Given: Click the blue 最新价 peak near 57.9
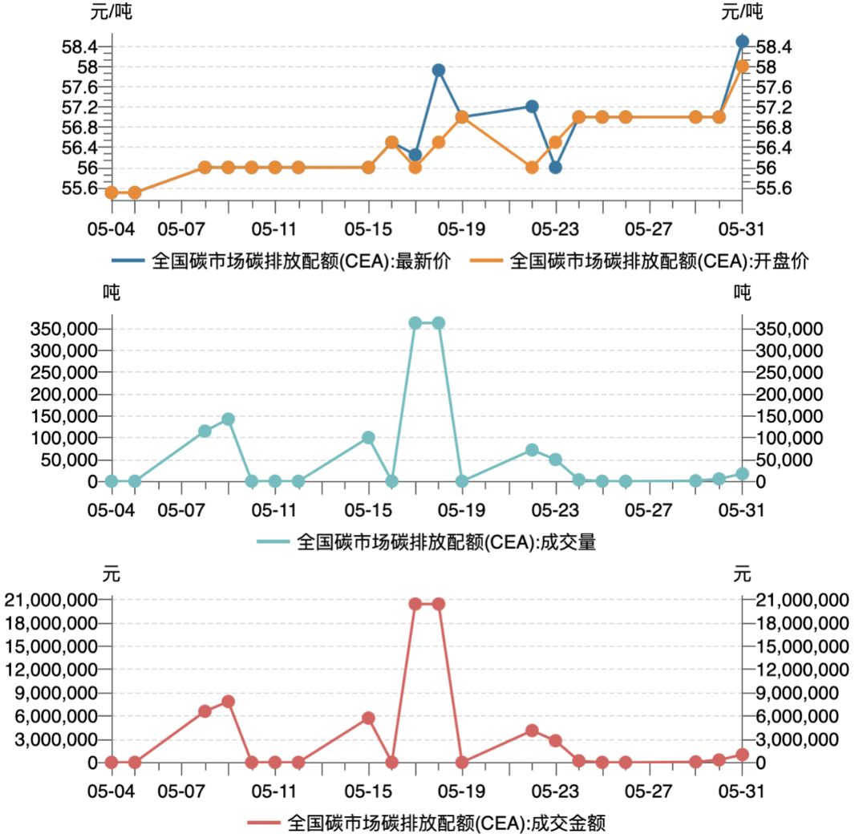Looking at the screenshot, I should click(439, 71).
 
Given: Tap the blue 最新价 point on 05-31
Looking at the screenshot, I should click(743, 42).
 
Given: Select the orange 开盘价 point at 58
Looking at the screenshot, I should click(743, 67).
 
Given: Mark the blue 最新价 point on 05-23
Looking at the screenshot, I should click(555, 168).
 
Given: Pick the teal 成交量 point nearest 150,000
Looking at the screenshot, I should click(228, 419).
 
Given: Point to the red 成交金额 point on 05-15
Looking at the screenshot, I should click(368, 719).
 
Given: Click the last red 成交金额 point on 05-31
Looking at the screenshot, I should click(743, 755).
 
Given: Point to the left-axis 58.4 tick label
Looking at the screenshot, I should click(79, 47).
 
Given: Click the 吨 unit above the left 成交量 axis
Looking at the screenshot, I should click(111, 294).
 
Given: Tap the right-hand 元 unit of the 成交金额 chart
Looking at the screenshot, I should click(743, 574).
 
